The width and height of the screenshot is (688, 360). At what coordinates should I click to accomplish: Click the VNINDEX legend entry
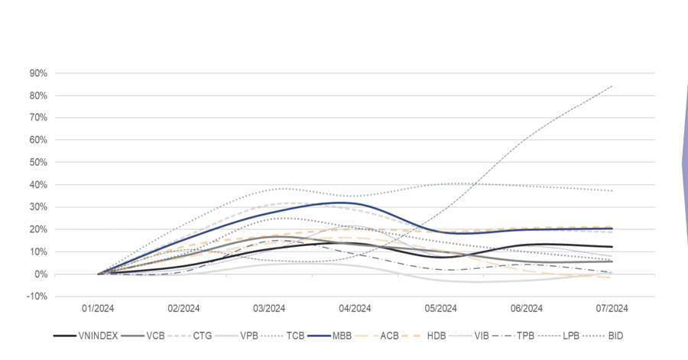click(x=90, y=335)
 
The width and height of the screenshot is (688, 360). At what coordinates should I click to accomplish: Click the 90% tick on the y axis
click(x=38, y=73)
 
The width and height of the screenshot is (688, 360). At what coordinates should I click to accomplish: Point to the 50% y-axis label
click(x=38, y=163)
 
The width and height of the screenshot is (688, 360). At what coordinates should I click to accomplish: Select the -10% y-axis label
click(x=37, y=297)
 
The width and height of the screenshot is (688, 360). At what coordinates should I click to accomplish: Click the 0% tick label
click(x=41, y=274)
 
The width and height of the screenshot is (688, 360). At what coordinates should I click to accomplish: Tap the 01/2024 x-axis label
click(x=98, y=309)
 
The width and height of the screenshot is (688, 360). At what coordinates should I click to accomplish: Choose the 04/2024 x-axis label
click(x=355, y=309)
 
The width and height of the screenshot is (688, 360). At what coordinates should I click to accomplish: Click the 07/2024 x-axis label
click(x=612, y=309)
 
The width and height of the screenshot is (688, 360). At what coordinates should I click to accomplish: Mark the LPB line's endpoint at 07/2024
click(x=612, y=86)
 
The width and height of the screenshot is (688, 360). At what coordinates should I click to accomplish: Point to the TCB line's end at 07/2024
click(x=612, y=190)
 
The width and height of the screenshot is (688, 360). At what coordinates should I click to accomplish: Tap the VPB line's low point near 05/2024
click(x=459, y=281)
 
